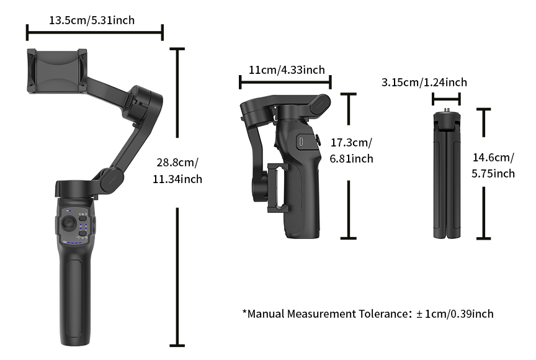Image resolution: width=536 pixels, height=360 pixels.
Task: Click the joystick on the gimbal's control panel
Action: click(66, 225)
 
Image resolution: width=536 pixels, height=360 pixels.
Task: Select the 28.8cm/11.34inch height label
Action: click(177, 171)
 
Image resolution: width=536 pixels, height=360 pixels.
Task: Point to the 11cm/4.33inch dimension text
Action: click(286, 70)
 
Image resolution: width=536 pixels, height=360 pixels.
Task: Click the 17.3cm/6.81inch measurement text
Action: click(351, 151)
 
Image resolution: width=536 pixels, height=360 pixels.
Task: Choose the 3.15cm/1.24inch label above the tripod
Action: click(424, 83)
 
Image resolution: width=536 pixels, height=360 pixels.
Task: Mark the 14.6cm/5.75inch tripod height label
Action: click(493, 166)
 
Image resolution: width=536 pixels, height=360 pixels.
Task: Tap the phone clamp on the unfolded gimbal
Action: click(56, 71)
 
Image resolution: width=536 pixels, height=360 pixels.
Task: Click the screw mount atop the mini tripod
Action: click(447, 114)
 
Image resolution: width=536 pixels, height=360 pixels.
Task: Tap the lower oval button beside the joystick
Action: click(83, 233)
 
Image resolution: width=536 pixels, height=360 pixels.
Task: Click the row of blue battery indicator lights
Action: click(73, 243)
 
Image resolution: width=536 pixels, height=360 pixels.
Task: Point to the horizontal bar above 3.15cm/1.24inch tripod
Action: click(447, 98)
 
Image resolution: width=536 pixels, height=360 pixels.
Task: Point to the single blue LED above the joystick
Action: click(70, 212)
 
